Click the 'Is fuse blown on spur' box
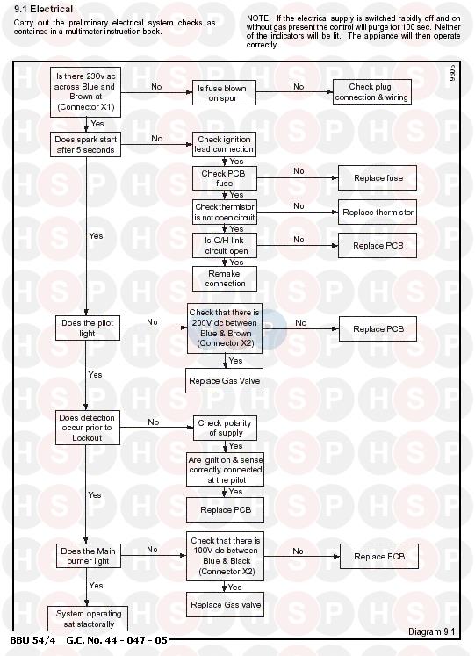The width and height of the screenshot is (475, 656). (224, 93)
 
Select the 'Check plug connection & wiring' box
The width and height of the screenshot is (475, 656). (371, 92)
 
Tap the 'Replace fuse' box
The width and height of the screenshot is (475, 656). (378, 177)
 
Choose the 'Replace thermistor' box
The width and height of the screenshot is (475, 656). (378, 213)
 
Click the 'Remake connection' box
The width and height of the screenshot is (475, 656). (225, 278)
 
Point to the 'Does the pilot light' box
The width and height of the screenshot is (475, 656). (88, 328)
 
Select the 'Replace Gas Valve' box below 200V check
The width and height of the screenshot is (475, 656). (224, 381)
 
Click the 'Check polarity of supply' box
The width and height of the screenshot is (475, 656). (225, 428)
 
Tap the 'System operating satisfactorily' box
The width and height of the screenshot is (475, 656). (88, 618)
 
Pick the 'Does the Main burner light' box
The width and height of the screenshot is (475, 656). (88, 556)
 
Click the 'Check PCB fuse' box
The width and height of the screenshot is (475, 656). (225, 178)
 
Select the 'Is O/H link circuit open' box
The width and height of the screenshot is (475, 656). (225, 246)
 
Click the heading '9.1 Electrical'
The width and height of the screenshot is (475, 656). (44, 9)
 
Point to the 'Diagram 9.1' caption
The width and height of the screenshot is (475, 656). (431, 631)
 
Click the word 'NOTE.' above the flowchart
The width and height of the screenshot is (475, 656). (258, 18)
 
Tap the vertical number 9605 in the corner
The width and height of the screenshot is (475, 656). (452, 72)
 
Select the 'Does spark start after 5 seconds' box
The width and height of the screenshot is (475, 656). (86, 145)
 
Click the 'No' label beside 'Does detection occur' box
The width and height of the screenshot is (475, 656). (154, 422)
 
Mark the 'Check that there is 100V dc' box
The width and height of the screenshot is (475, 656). (225, 556)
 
